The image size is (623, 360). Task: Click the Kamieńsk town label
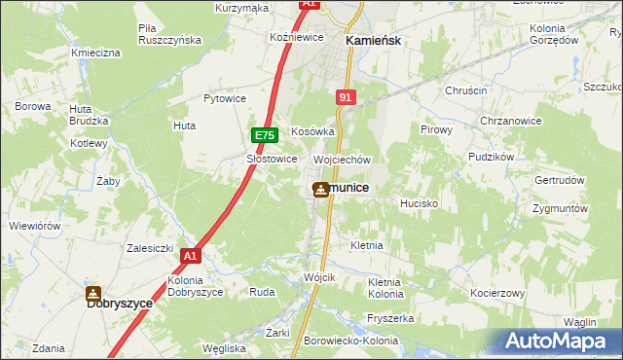pos(374,41)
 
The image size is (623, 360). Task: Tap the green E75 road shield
pos(265,136)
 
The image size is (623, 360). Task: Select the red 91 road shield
pos(346,97)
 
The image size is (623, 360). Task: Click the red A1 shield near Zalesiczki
pos(190,256)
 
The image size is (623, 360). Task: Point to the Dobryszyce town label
pos(120,304)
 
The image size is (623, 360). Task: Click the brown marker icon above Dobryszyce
pos(93,293)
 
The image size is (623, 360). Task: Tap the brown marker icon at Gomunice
pos(319,189)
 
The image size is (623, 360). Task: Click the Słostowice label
pos(272,159)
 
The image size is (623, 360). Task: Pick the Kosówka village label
pos(312,131)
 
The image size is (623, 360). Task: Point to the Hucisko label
pos(420,204)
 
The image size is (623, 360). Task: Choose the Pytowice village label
pos(224,98)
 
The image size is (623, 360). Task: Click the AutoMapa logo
pos(558,341)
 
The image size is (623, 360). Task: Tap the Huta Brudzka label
pos(88,114)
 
